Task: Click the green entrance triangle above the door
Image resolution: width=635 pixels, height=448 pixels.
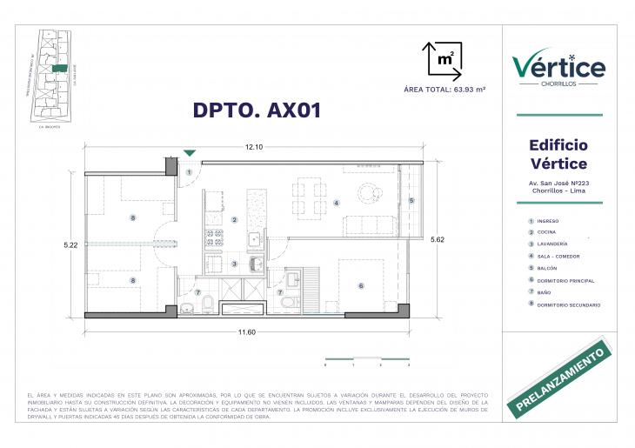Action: (190, 154)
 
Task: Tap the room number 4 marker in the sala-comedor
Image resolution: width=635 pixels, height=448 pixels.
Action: (335, 204)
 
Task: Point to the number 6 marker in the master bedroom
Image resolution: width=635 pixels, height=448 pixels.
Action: (360, 285)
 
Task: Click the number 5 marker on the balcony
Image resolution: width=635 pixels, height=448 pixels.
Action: (412, 201)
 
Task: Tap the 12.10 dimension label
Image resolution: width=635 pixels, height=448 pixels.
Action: (255, 146)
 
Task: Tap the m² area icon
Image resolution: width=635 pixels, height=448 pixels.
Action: (442, 59)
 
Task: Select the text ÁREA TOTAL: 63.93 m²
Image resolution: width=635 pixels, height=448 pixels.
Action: (444, 90)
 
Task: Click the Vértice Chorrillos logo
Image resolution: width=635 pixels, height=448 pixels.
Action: (558, 68)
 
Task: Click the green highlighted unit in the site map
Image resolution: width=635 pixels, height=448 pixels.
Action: (59, 68)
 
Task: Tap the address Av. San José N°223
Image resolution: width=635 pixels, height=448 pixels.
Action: (558, 184)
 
